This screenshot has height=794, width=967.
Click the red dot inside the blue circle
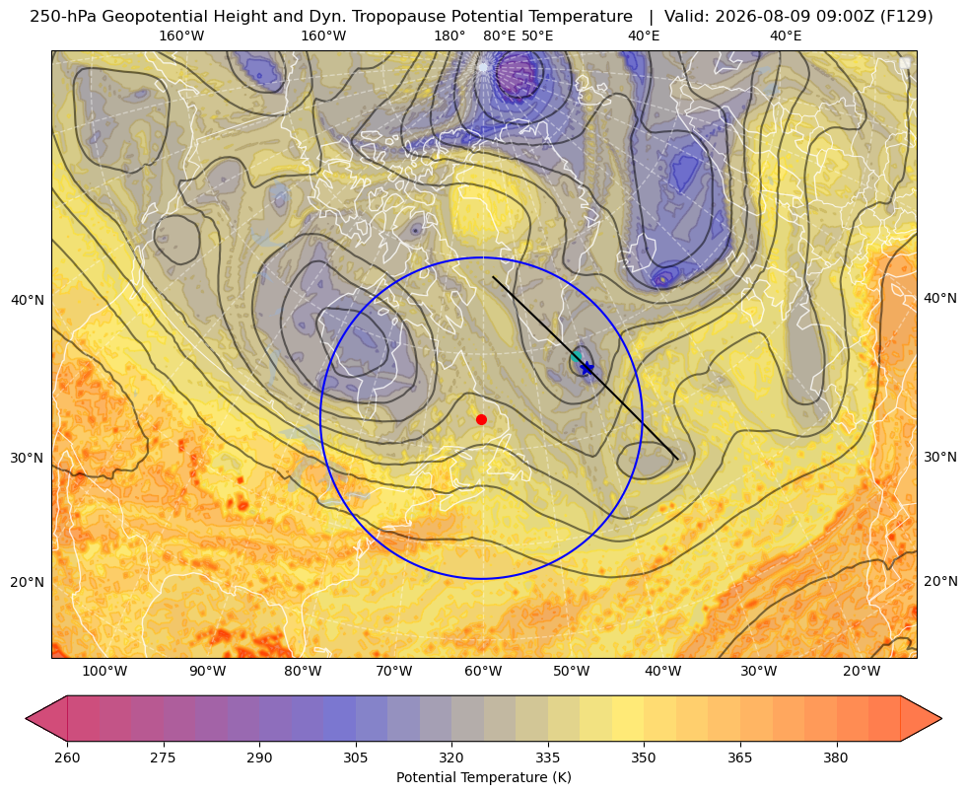pos(482,419)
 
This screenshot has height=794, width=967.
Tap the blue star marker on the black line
pos(587,368)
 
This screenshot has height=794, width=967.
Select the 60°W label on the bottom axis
pos(483,671)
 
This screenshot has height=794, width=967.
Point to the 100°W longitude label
pos(104,671)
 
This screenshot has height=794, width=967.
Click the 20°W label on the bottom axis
pos(862,671)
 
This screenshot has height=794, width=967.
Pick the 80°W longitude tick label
pos(303,671)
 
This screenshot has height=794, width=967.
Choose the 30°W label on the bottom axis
pos(759,671)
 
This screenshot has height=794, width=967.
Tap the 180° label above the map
pos(449,36)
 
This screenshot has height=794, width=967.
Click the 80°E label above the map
pos(500,36)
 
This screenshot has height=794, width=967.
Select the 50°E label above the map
pos(537,36)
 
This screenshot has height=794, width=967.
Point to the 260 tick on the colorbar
pos(67,758)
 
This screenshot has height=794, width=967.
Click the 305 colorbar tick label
pos(356,758)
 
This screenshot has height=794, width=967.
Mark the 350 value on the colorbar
pos(644,758)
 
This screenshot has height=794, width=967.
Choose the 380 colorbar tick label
pos(836,758)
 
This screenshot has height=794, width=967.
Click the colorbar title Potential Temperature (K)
pos(483,777)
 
